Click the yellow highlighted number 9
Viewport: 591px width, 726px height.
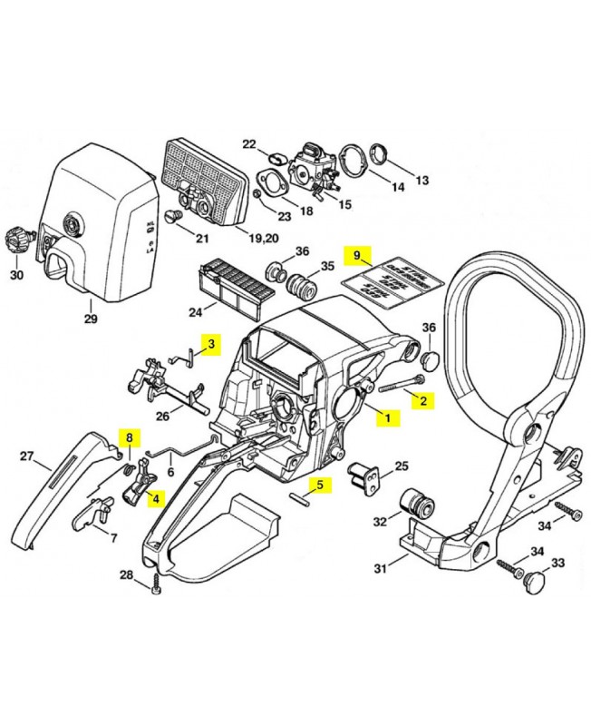pyautogui.click(x=356, y=254)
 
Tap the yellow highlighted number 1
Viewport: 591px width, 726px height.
pyautogui.click(x=389, y=418)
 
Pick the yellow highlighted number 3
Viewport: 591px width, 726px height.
pyautogui.click(x=211, y=344)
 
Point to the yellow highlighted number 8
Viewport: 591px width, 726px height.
pyautogui.click(x=130, y=438)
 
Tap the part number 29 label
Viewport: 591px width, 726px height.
pyautogui.click(x=90, y=319)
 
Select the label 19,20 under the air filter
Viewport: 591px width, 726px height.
pyautogui.click(x=264, y=239)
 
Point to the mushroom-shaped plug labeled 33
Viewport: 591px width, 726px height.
pyautogui.click(x=538, y=578)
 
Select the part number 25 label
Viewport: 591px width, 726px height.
pyautogui.click(x=402, y=466)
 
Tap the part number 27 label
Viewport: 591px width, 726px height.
pyautogui.click(x=27, y=456)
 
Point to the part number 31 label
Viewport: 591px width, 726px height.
pyautogui.click(x=381, y=569)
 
